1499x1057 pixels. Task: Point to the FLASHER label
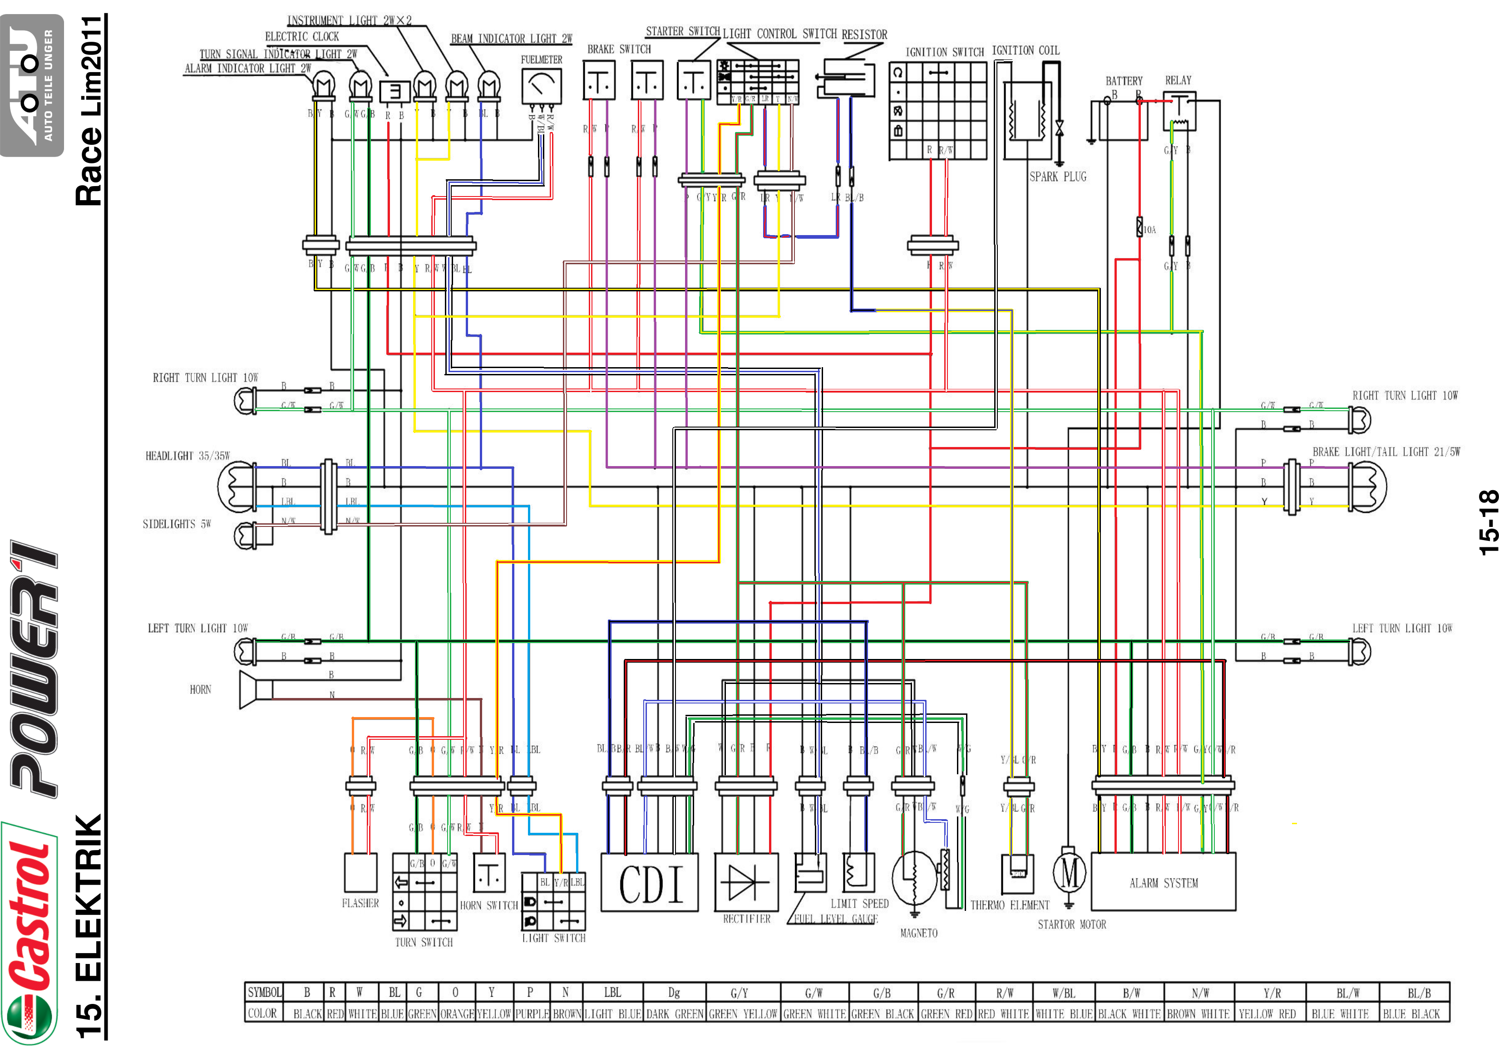tap(360, 903)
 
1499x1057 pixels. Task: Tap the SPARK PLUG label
tap(1058, 176)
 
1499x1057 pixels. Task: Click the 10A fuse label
tap(1149, 230)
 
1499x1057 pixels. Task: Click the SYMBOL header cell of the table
tap(264, 993)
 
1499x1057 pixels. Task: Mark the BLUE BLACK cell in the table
tap(1411, 1014)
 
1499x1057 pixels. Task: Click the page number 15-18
tap(1488, 522)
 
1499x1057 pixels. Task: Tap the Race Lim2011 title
tap(90, 111)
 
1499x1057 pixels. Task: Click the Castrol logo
tap(30, 934)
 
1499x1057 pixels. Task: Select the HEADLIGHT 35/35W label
tap(187, 456)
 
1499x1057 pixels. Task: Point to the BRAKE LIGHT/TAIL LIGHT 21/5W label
tap(1386, 452)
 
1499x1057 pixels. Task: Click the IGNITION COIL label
tap(1025, 50)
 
